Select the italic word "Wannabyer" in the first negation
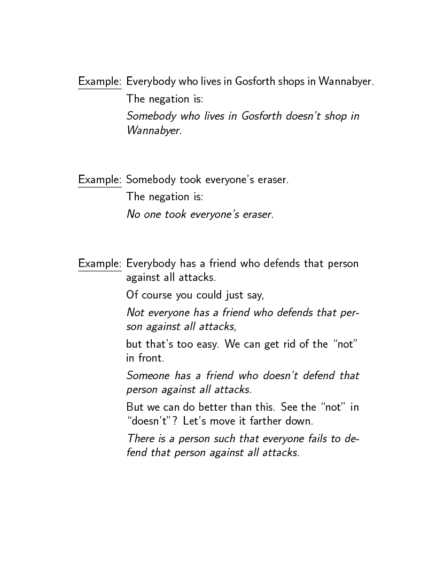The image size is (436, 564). point(153,130)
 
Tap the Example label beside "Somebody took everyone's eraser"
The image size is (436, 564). point(99,179)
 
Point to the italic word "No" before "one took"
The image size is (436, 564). point(133,214)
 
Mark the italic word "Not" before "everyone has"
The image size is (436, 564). point(135,312)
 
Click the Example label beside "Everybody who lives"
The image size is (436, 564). point(99,82)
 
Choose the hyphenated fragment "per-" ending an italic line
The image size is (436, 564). point(349,312)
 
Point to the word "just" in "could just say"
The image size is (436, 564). point(243,295)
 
